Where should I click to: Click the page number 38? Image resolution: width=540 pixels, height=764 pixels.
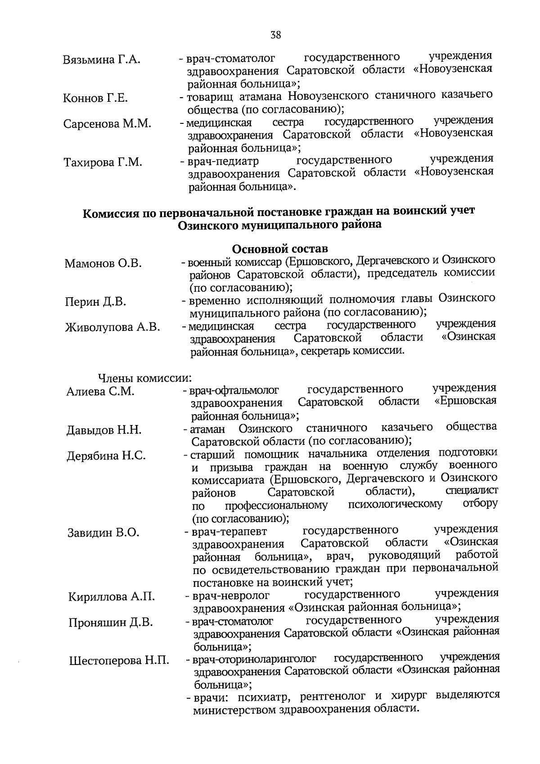[276, 35]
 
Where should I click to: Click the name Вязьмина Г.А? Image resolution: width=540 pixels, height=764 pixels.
[102, 60]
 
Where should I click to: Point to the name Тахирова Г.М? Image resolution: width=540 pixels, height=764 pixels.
[103, 162]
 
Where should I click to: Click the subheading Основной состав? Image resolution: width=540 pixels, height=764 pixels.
[280, 249]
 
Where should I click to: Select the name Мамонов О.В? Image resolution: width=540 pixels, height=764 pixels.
[103, 263]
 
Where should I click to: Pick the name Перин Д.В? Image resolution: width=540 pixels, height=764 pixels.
[95, 302]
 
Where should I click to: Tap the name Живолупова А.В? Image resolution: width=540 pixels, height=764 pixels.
[112, 327]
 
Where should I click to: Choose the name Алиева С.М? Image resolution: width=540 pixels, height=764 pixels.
[100, 391]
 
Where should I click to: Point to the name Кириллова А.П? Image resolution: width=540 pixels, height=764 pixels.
[112, 597]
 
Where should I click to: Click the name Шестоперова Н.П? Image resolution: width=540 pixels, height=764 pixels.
[119, 661]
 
